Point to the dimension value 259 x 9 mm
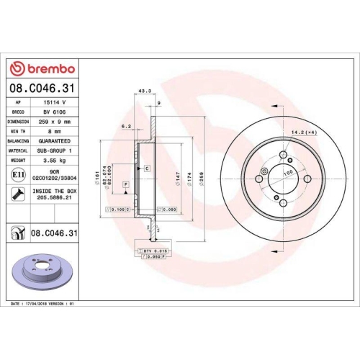click(x=57, y=123)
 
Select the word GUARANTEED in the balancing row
click(x=57, y=142)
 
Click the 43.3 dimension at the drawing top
click(x=143, y=91)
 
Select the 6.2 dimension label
click(x=125, y=126)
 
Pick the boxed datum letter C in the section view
click(x=147, y=168)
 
